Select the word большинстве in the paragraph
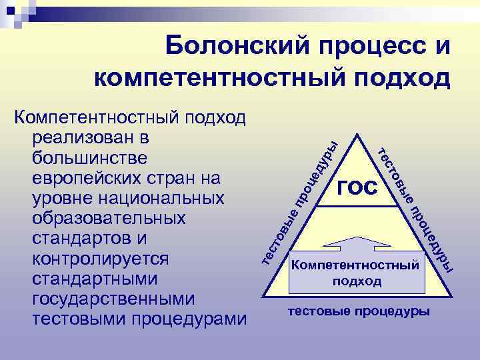click(x=91, y=159)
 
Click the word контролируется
click(x=99, y=259)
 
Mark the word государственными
click(x=111, y=299)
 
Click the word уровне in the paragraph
click(x=57, y=199)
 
